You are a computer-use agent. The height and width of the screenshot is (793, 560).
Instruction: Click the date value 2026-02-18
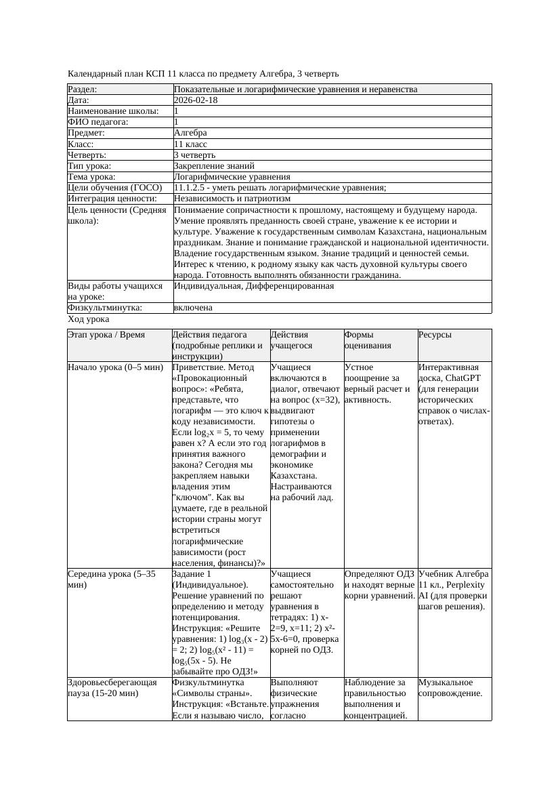(196, 100)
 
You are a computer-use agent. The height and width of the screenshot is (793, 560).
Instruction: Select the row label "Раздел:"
(83, 89)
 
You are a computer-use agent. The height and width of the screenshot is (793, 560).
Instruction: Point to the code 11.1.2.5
(194, 188)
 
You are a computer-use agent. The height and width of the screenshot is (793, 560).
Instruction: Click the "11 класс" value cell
(190, 144)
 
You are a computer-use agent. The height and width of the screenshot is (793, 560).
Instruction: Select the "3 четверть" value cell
(194, 155)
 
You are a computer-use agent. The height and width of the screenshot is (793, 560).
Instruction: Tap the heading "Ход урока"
(89, 319)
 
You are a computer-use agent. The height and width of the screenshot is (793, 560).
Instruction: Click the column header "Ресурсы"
(435, 335)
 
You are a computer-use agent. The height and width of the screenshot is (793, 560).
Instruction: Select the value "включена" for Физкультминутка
(193, 308)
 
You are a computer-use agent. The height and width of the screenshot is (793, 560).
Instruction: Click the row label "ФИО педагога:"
(98, 122)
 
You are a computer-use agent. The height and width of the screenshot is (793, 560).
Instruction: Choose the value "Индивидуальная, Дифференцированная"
(254, 286)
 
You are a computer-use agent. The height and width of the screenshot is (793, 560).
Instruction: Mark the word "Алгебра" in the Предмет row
(190, 133)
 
